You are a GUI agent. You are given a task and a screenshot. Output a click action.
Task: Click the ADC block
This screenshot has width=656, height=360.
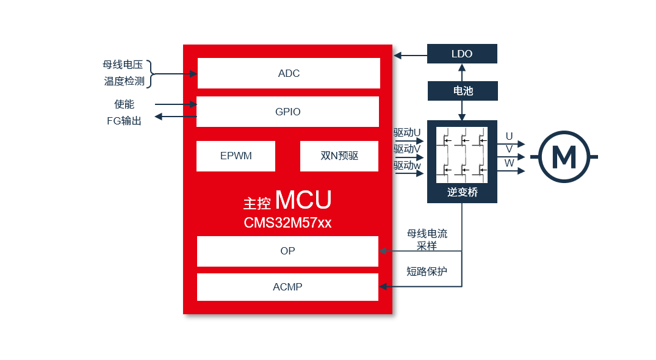pyautogui.click(x=289, y=73)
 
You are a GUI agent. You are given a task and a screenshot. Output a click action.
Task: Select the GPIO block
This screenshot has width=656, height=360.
pyautogui.click(x=288, y=112)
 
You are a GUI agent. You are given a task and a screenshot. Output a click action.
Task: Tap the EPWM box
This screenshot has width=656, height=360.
pyautogui.click(x=236, y=156)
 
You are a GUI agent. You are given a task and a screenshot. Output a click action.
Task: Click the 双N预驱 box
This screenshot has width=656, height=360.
pyautogui.click(x=339, y=156)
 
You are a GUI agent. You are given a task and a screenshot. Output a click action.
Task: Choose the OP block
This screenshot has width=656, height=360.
pyautogui.click(x=288, y=251)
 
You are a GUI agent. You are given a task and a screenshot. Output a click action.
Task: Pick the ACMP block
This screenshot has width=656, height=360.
pyautogui.click(x=288, y=287)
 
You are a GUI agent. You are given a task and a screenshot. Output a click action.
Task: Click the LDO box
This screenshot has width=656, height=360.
pyautogui.click(x=463, y=54)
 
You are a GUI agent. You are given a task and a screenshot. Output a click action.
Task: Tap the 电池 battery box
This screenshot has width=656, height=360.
pyautogui.click(x=463, y=91)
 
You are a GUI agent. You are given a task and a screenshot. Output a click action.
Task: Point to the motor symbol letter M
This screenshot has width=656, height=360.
pyautogui.click(x=564, y=157)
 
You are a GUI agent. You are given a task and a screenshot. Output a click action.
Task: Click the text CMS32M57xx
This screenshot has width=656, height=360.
pyautogui.click(x=288, y=223)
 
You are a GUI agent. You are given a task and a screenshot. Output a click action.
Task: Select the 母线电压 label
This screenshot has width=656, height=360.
pyautogui.click(x=123, y=65)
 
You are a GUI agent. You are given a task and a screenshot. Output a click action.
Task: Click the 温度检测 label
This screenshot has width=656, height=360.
pyautogui.click(x=124, y=81)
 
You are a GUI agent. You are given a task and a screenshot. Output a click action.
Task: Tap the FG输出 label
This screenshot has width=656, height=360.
pyautogui.click(x=124, y=121)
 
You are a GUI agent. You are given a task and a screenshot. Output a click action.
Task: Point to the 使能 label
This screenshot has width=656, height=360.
pyautogui.click(x=124, y=104)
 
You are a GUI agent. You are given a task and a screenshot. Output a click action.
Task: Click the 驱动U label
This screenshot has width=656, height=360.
pyautogui.click(x=407, y=132)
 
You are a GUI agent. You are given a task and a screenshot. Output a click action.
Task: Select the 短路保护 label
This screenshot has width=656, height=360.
pyautogui.click(x=427, y=272)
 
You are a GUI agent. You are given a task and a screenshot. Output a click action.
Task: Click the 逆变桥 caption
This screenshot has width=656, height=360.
pyautogui.click(x=463, y=192)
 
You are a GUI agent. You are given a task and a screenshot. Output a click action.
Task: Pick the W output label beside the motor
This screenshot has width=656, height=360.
pyautogui.click(x=509, y=163)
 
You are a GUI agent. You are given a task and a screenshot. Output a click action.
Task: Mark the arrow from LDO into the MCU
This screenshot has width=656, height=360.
pyautogui.click(x=411, y=55)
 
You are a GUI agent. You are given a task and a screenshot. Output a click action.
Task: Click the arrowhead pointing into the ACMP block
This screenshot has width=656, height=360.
pyautogui.click(x=383, y=286)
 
